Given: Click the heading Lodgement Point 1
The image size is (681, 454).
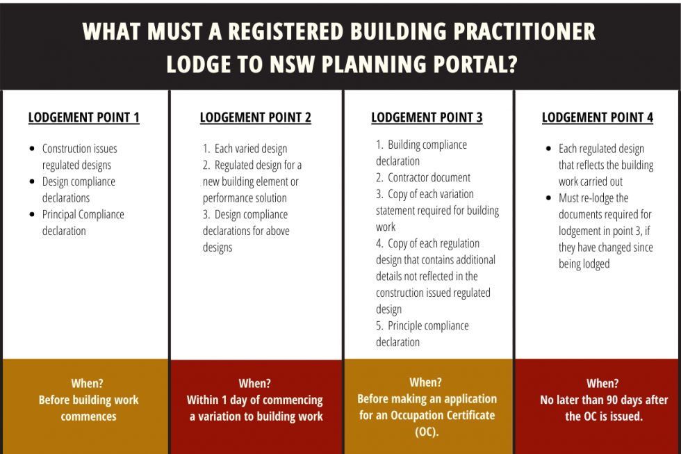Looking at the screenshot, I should (83, 117).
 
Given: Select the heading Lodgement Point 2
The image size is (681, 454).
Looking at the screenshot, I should (255, 117).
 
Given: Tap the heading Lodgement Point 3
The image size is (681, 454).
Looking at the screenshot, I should (427, 117).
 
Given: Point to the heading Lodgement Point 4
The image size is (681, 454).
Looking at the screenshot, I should (598, 117).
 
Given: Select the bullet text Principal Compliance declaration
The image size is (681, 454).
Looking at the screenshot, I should (83, 222).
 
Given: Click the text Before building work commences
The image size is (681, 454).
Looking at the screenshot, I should (88, 408).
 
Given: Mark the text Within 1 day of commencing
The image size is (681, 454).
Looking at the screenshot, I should (254, 400).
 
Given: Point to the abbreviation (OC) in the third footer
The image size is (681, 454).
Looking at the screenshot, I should (426, 432).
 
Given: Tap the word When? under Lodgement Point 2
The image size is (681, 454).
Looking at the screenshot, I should (255, 384).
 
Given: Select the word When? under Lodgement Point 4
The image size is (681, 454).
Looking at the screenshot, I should (602, 384).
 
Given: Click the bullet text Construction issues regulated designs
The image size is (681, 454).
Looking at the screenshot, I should (79, 157).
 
